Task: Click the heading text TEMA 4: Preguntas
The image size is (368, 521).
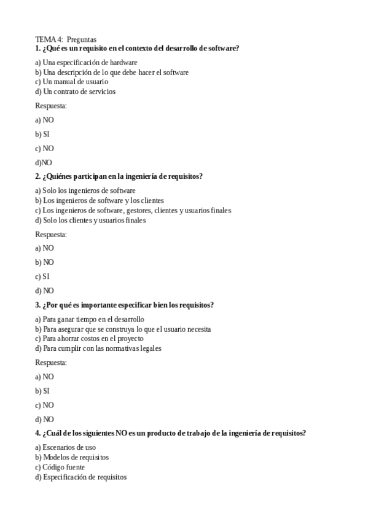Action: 66,40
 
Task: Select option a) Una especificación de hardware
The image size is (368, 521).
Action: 86,62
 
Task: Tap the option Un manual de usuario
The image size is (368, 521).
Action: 71,82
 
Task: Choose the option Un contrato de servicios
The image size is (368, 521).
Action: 75,92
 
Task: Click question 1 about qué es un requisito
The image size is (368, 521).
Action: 137,48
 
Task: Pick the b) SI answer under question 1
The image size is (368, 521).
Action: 42,134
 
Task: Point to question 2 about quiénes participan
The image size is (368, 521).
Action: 119,176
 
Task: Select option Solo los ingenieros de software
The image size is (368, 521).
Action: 85,190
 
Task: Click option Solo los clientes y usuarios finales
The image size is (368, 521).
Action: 90,220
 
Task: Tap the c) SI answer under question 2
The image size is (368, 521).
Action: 42,276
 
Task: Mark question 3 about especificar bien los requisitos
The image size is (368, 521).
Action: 124,305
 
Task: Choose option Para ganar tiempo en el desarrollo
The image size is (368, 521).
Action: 90,319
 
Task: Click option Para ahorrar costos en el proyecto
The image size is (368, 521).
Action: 89,339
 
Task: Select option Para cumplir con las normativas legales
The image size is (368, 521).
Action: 98,348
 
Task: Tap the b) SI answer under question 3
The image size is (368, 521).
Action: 42,391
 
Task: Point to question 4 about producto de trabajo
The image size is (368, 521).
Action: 170,433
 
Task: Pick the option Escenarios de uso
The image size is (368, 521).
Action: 65,447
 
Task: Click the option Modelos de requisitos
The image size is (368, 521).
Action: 72,457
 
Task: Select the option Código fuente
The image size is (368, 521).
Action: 60,467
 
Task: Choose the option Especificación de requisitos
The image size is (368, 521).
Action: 80,477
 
